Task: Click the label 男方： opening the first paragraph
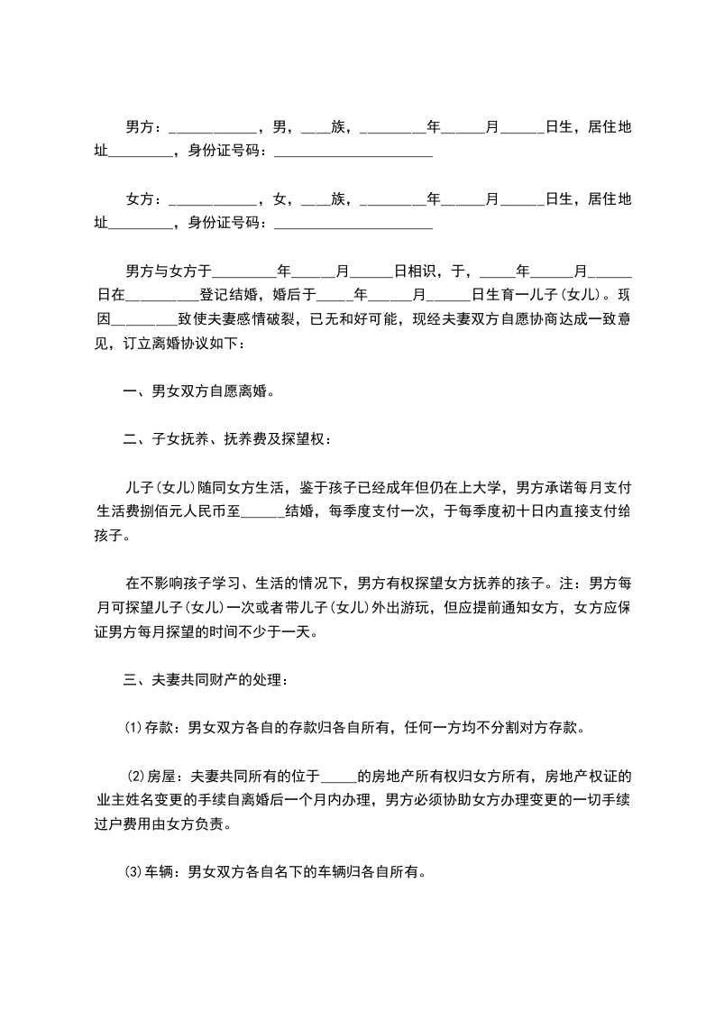point(144,127)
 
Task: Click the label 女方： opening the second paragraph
point(144,198)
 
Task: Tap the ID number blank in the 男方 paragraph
point(352,152)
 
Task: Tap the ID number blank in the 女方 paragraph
point(352,224)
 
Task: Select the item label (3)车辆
point(152,872)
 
